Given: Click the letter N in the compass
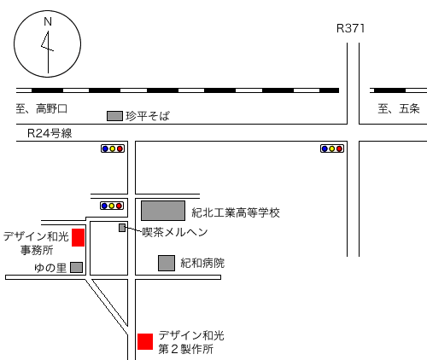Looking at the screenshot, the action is tap(48, 21).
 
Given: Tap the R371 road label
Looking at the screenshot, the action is tap(350, 28).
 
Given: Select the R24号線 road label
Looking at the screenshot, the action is tap(50, 133).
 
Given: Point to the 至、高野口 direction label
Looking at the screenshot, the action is tap(42, 108).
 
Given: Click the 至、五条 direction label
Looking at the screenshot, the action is tap(399, 108).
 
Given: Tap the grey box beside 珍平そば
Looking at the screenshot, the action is tap(114, 116).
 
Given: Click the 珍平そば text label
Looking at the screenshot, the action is tap(148, 116).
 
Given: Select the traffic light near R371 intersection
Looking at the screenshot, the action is tap(332, 148).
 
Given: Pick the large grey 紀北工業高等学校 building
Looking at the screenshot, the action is tap(163, 211).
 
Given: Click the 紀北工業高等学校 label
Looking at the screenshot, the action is tap(236, 212).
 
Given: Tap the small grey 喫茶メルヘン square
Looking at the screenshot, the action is tap(122, 228).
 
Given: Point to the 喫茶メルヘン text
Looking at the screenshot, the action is tap(175, 232).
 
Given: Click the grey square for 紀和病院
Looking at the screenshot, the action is tap(167, 263).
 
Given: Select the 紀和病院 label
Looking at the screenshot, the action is tap(202, 263).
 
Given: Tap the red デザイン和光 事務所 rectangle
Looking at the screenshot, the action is tap(78, 237).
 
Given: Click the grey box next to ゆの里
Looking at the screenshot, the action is tap(76, 267).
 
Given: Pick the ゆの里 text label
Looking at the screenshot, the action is tap(50, 268).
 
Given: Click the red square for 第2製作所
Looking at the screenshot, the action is tap(145, 341).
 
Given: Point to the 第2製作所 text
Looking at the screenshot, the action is tap(185, 349).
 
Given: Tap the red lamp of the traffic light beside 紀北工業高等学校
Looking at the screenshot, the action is tap(119, 206).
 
